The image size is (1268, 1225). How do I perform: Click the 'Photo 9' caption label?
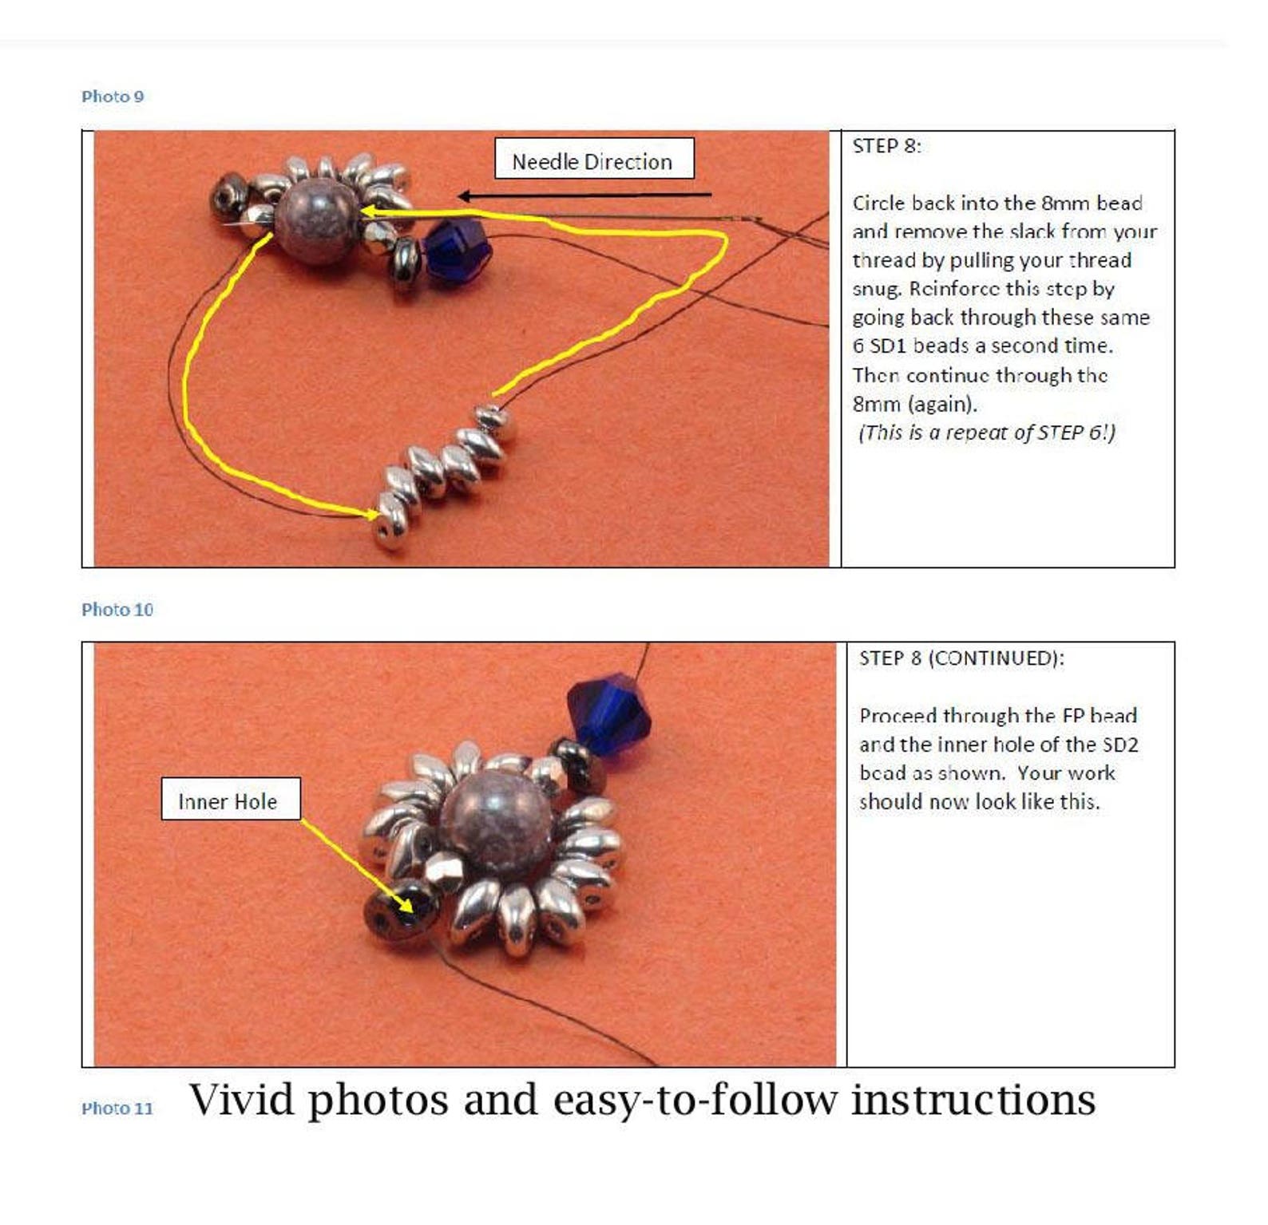click(113, 97)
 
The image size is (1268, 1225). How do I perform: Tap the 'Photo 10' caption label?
click(117, 610)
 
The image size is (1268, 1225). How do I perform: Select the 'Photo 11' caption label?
click(117, 1108)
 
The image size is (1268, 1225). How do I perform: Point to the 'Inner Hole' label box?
click(230, 800)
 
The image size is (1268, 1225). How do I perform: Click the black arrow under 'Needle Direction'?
click(584, 195)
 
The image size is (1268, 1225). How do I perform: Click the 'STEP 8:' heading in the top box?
click(886, 146)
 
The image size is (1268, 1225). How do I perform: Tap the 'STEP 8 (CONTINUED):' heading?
click(961, 658)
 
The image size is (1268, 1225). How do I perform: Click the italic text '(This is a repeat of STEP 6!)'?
click(986, 433)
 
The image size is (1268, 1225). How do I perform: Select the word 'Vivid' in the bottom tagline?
click(241, 1101)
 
